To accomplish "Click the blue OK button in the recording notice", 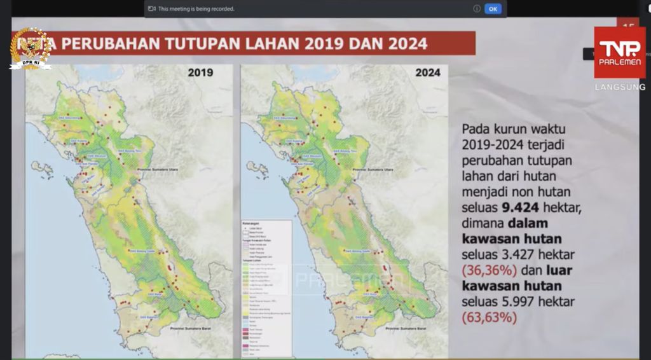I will (493, 9).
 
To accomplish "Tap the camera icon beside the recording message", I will (151, 9).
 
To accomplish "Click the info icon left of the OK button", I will (477, 9).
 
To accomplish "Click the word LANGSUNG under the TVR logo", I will (620, 87).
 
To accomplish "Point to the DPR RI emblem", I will (30, 48).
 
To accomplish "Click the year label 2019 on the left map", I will (200, 73).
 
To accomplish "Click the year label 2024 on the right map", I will (428, 73).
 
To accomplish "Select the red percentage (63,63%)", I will (490, 317).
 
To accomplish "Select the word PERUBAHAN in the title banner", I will (106, 44).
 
